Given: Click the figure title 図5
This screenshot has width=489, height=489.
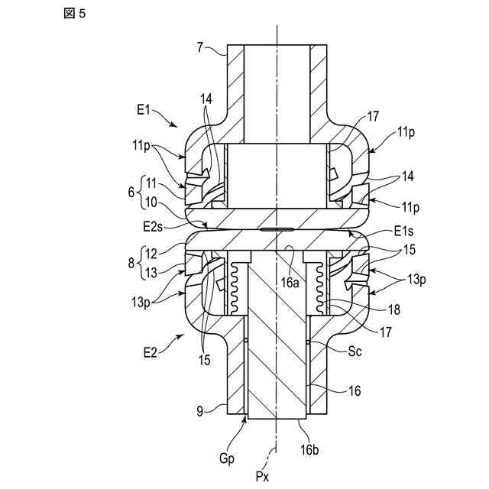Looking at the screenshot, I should [x=76, y=15].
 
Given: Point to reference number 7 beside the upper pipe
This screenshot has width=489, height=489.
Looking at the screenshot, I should [x=200, y=48].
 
